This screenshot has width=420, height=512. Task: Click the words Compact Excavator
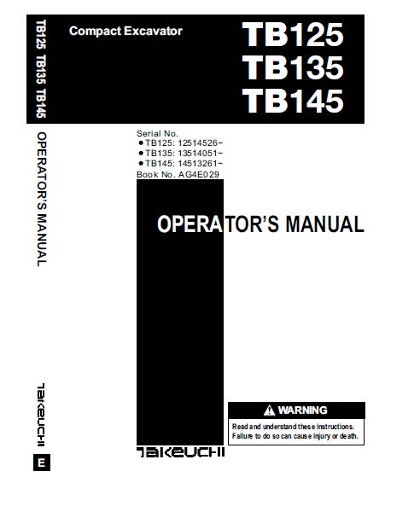[x=125, y=32]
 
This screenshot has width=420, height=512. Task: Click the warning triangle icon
[x=269, y=410]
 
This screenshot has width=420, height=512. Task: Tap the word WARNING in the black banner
[x=302, y=410]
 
